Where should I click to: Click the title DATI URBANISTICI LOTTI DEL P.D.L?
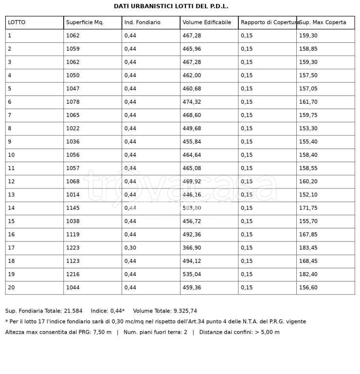tap(171, 6)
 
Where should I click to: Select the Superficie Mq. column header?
tap(85, 22)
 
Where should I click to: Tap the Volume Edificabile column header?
tap(207, 22)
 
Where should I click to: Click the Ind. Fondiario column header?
tap(142, 22)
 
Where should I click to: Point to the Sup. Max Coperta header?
tap(323, 22)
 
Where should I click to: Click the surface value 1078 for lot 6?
tap(72, 102)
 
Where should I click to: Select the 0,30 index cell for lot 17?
tap(130, 247)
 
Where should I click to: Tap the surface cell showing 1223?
tap(72, 247)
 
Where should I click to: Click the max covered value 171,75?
tap(307, 208)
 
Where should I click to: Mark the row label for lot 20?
tap(11, 287)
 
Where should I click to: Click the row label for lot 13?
tap(11, 194)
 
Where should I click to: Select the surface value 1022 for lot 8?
tap(72, 128)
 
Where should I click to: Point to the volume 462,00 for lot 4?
tap(191, 75)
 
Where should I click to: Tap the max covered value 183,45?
tap(307, 247)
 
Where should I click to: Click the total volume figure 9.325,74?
tap(185, 311)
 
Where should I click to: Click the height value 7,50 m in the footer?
tap(102, 332)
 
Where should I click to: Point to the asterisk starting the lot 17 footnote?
tap(7, 321)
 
